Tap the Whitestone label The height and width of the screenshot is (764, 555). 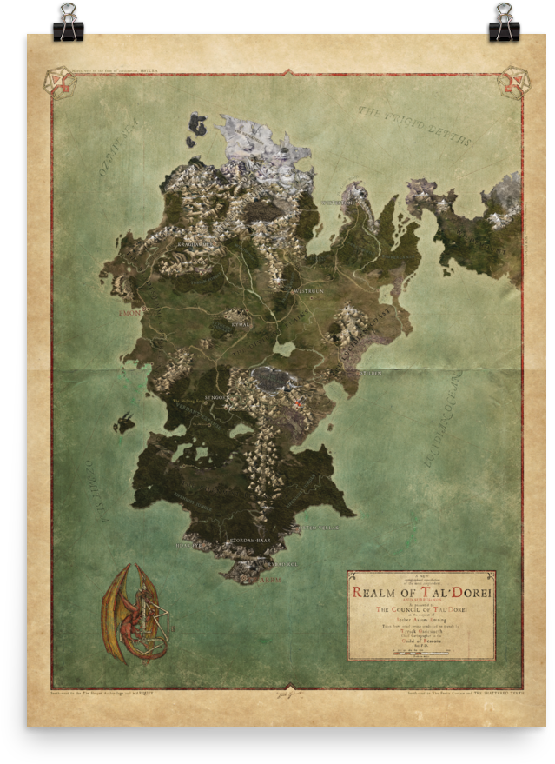tap(338, 203)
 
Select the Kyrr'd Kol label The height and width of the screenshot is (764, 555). tap(281, 563)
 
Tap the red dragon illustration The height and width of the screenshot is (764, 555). tap(135, 613)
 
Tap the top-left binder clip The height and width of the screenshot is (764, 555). tap(68, 23)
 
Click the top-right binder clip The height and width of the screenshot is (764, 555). tap(504, 23)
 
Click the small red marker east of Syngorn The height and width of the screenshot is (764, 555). tap(298, 402)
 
